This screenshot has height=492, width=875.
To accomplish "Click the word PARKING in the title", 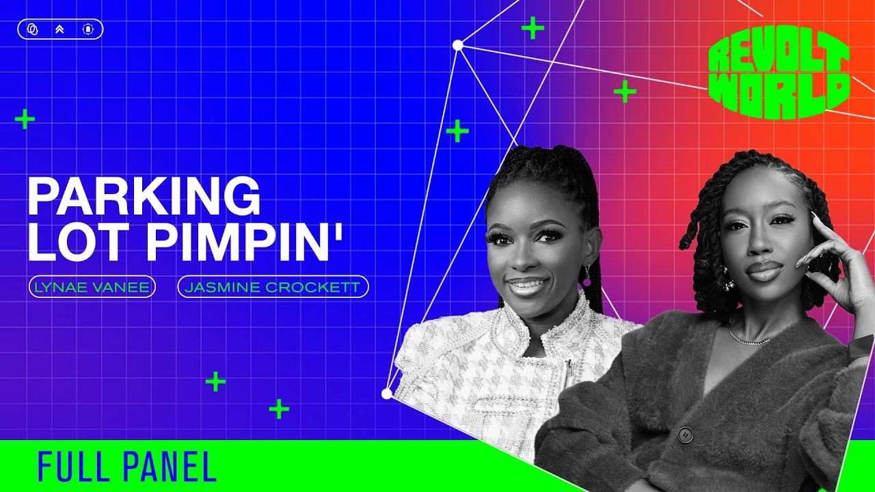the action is (x=144, y=195).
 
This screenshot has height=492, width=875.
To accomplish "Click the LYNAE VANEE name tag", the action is (x=92, y=287).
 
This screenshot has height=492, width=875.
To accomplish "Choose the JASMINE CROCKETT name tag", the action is (x=273, y=287).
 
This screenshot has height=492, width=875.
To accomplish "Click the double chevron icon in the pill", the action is (x=59, y=29).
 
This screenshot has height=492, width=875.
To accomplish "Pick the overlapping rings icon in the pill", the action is (x=33, y=29).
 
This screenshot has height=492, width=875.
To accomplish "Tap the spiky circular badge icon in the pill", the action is (x=88, y=29).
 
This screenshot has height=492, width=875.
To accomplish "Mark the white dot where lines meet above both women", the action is (x=458, y=45).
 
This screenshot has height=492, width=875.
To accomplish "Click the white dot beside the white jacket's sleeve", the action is (x=386, y=394).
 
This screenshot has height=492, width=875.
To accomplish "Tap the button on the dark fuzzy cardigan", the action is (x=686, y=434).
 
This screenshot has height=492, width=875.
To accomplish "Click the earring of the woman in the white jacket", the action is (x=587, y=275).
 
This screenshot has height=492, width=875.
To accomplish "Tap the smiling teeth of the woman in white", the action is (x=527, y=284).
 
